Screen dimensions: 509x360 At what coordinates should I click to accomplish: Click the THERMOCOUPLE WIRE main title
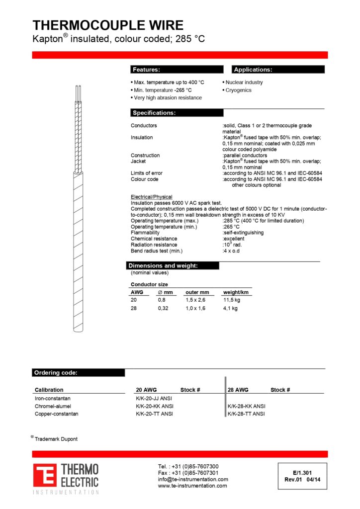pyautogui.click(x=108, y=25)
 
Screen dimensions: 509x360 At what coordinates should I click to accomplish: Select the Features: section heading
pyautogui.click(x=146, y=70)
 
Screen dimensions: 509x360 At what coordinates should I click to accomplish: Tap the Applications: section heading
pyautogui.click(x=253, y=70)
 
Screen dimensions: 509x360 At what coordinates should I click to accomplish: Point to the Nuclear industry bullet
pyautogui.click(x=244, y=83)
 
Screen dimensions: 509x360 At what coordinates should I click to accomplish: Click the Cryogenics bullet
pyautogui.click(x=239, y=90)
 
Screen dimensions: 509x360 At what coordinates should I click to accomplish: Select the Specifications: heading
pyautogui.click(x=154, y=113)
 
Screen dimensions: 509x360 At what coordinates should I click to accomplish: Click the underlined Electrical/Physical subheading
pyautogui.click(x=152, y=197)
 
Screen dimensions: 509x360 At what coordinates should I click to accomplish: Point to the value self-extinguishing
pyautogui.click(x=244, y=233)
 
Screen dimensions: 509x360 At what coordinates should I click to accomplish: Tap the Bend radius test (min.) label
pyautogui.click(x=157, y=251)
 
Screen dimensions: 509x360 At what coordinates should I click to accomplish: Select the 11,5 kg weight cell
pyautogui.click(x=232, y=300)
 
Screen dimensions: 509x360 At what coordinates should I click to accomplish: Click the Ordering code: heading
pyautogui.click(x=55, y=373)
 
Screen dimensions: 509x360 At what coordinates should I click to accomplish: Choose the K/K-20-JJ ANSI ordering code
pyautogui.click(x=155, y=399)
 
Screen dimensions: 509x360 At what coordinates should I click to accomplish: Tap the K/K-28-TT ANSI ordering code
pyautogui.click(x=246, y=414)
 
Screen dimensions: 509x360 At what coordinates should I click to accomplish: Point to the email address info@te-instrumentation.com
pyautogui.click(x=193, y=479)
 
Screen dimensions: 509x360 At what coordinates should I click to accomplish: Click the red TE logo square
pyautogui.click(x=45, y=475)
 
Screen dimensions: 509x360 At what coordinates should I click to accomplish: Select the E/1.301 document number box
pyautogui.click(x=302, y=476)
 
